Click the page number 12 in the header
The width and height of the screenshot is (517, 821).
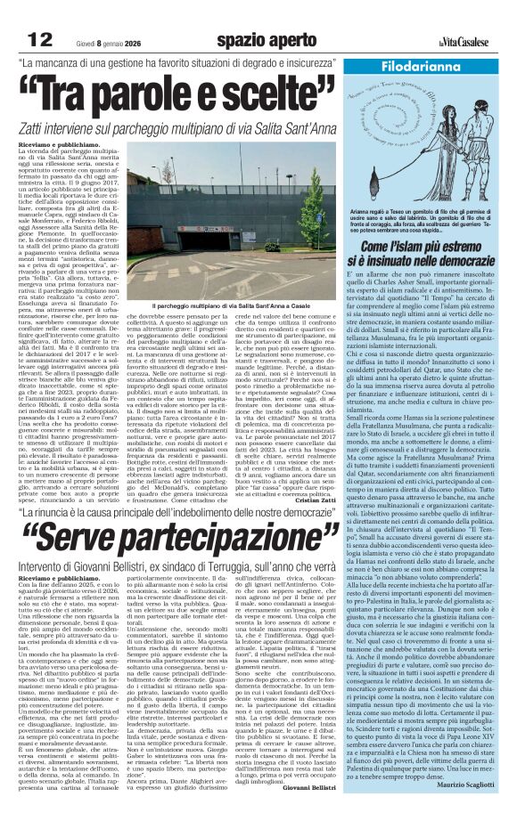(x=40, y=39)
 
